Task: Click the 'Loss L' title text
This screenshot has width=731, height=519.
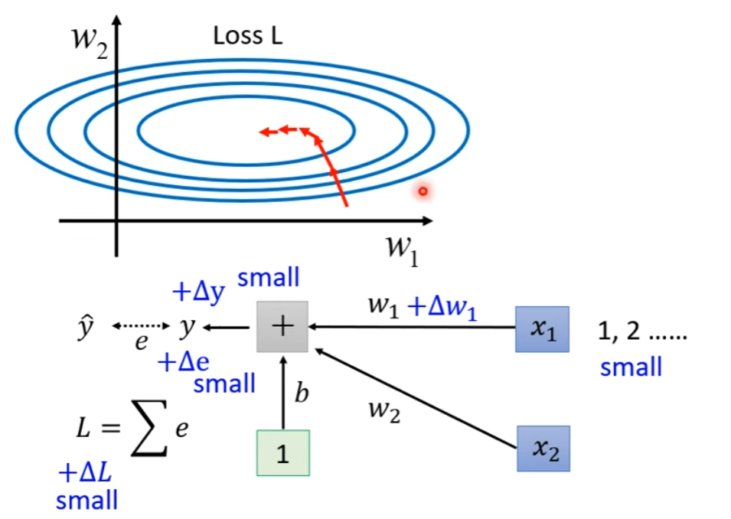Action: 247,36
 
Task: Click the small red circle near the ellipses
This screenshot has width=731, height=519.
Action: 422,191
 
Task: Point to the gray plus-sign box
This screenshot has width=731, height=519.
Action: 282,326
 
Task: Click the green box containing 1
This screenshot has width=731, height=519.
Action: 282,453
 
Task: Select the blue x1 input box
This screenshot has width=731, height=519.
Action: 542,328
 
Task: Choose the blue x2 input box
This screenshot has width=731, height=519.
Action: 543,448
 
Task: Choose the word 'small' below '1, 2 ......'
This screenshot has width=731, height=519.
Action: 631,367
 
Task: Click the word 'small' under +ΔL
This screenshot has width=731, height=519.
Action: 87,501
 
